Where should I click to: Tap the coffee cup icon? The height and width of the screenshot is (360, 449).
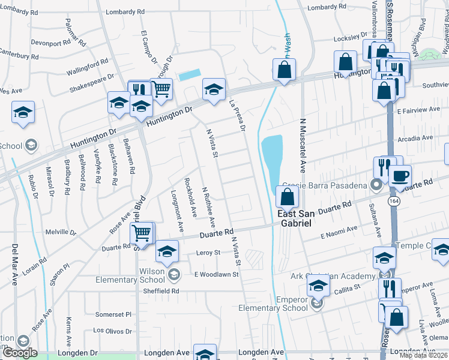click(400, 176)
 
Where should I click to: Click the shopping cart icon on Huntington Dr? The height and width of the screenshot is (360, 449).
click(161, 89)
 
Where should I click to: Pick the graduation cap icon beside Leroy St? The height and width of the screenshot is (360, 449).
click(167, 251)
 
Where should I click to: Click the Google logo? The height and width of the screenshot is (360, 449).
click(19, 353)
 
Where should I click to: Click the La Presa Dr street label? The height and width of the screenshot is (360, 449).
click(238, 115)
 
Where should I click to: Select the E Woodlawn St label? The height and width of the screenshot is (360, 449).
click(216, 274)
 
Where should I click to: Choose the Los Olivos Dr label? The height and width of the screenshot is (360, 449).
click(112, 331)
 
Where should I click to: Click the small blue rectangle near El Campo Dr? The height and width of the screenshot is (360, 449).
click(190, 75)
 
